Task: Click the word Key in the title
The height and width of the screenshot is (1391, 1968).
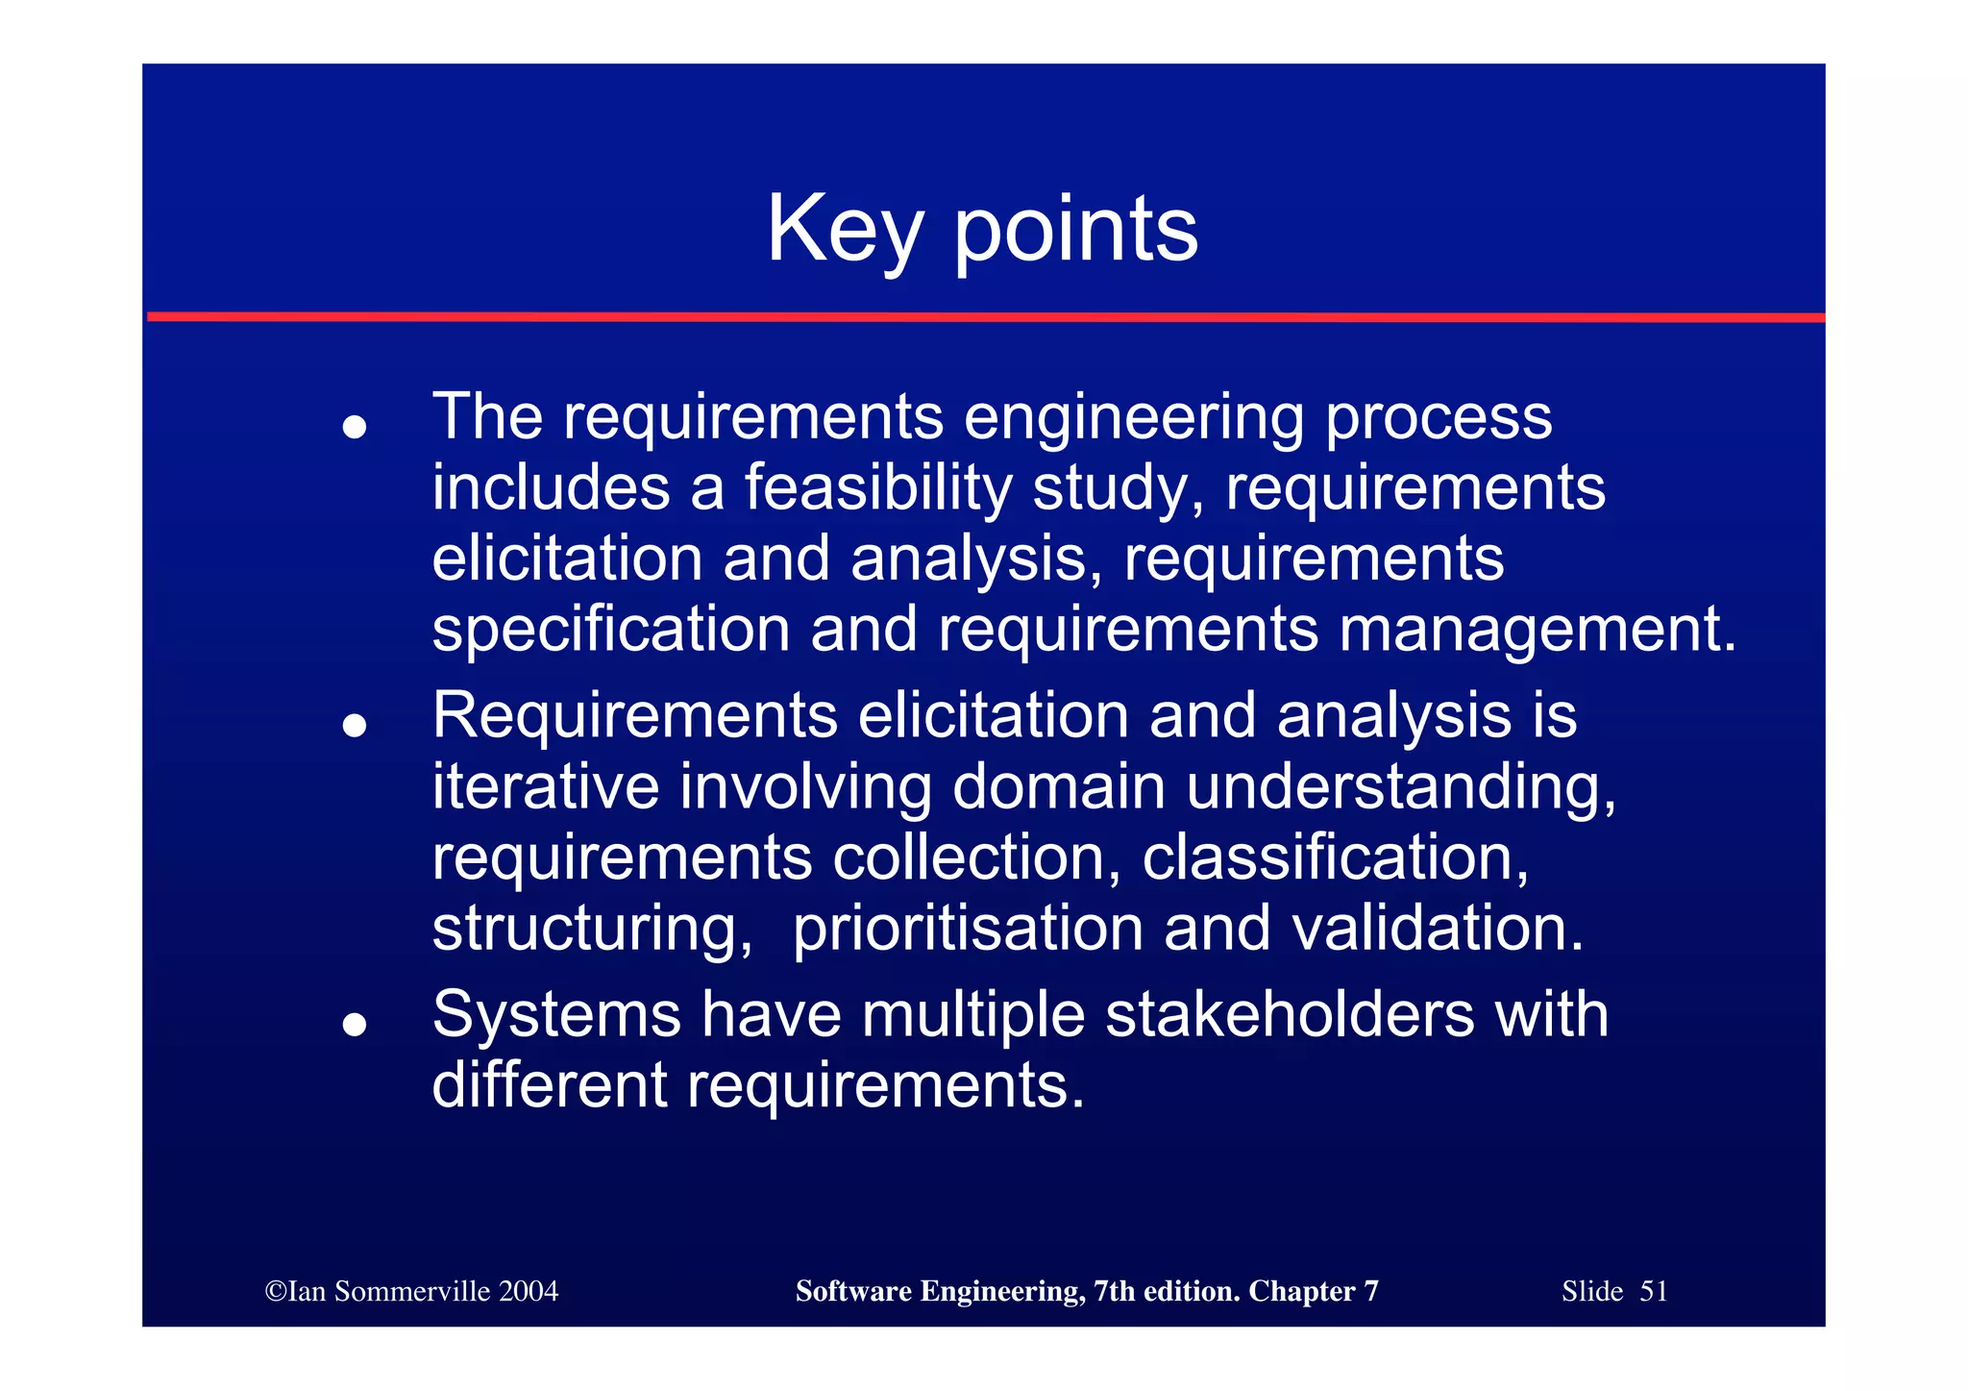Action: (x=845, y=231)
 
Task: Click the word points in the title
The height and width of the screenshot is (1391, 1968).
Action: (x=1075, y=231)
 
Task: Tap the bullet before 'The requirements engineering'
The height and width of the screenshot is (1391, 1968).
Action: (x=355, y=427)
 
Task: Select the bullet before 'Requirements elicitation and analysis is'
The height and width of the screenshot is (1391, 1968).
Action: (x=355, y=726)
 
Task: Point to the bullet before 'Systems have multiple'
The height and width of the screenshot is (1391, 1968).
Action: (x=355, y=1025)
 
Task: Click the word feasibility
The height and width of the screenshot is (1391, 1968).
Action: (x=878, y=487)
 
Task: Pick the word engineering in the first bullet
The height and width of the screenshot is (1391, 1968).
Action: (x=1133, y=418)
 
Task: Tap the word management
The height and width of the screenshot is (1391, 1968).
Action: (x=1537, y=630)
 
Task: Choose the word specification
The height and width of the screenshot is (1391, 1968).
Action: (x=611, y=630)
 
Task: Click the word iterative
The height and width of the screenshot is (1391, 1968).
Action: (x=545, y=786)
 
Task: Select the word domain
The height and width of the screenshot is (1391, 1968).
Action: (x=1059, y=786)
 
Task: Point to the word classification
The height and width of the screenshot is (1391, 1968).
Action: (x=1335, y=857)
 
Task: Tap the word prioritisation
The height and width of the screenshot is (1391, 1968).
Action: (x=968, y=929)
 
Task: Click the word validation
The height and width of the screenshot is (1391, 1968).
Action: (x=1437, y=929)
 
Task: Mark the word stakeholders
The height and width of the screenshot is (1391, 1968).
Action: (x=1290, y=1015)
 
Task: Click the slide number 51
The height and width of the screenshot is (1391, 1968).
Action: (x=1653, y=1291)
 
